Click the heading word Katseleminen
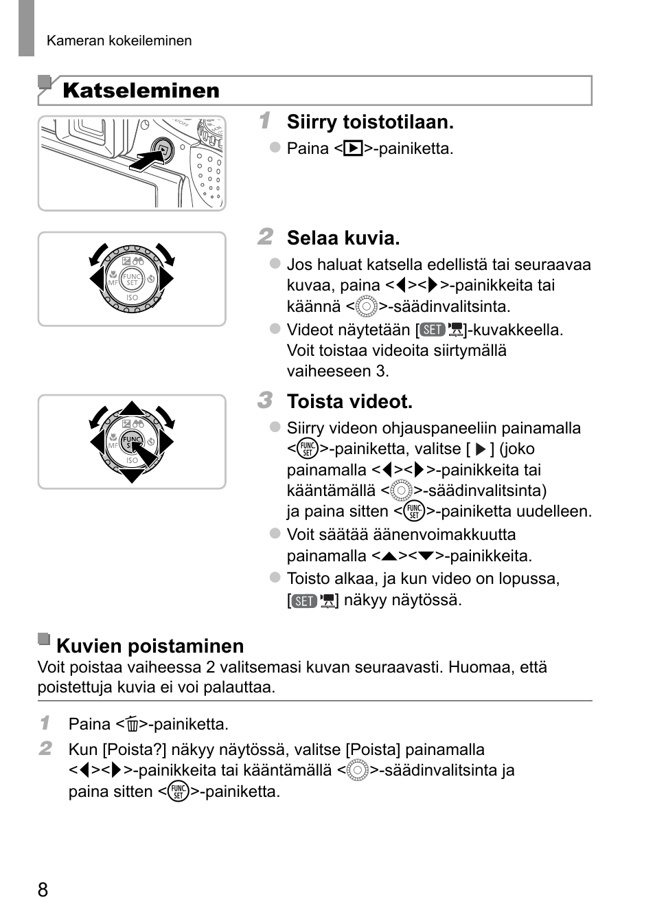(141, 91)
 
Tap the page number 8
(43, 890)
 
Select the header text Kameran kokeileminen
(119, 41)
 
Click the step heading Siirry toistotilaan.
(370, 122)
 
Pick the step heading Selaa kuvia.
(343, 238)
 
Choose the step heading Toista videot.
(349, 402)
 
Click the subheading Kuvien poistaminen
(150, 646)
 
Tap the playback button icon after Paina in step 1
(353, 148)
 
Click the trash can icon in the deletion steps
(132, 725)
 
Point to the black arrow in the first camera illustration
(147, 161)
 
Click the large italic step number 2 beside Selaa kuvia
(265, 236)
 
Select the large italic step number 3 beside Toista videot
(265, 400)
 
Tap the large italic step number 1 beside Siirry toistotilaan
(265, 120)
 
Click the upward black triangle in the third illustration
(132, 408)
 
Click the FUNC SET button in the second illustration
(132, 280)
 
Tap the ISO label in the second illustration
(132, 297)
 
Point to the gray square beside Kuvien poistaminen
(44, 639)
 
